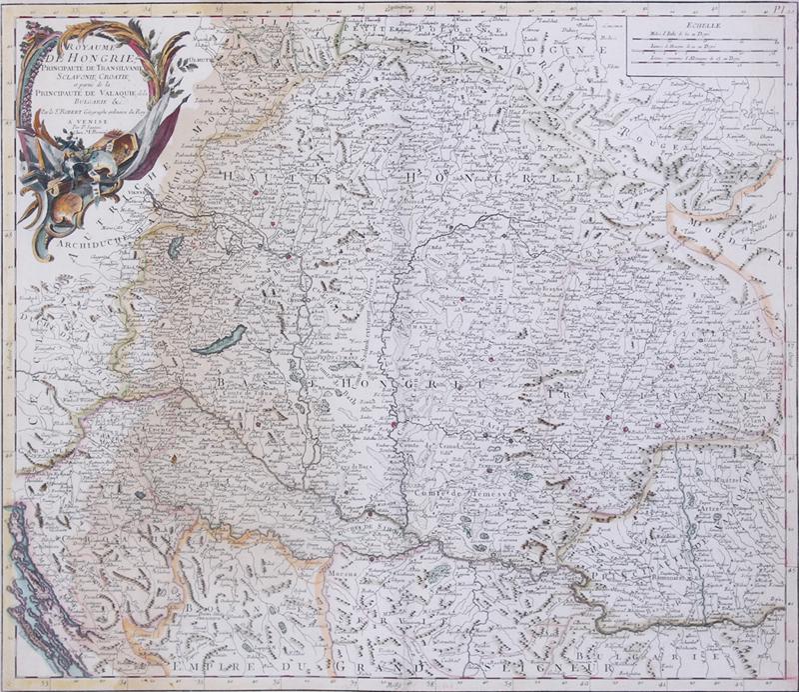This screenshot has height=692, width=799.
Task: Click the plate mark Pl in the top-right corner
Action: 779,8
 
